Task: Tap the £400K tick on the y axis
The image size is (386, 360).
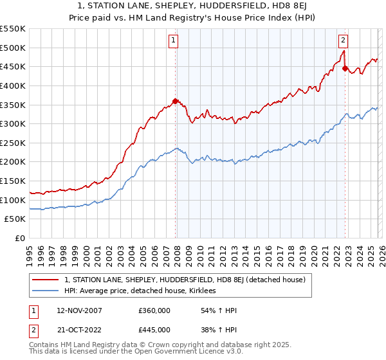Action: tap(13, 85)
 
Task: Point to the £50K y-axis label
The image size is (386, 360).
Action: tap(15, 219)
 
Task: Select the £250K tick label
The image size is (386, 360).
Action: tap(13, 143)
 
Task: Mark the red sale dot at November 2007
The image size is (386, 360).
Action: tap(175, 101)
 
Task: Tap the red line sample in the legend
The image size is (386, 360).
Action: tap(46, 280)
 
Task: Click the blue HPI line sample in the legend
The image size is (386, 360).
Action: tap(46, 291)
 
